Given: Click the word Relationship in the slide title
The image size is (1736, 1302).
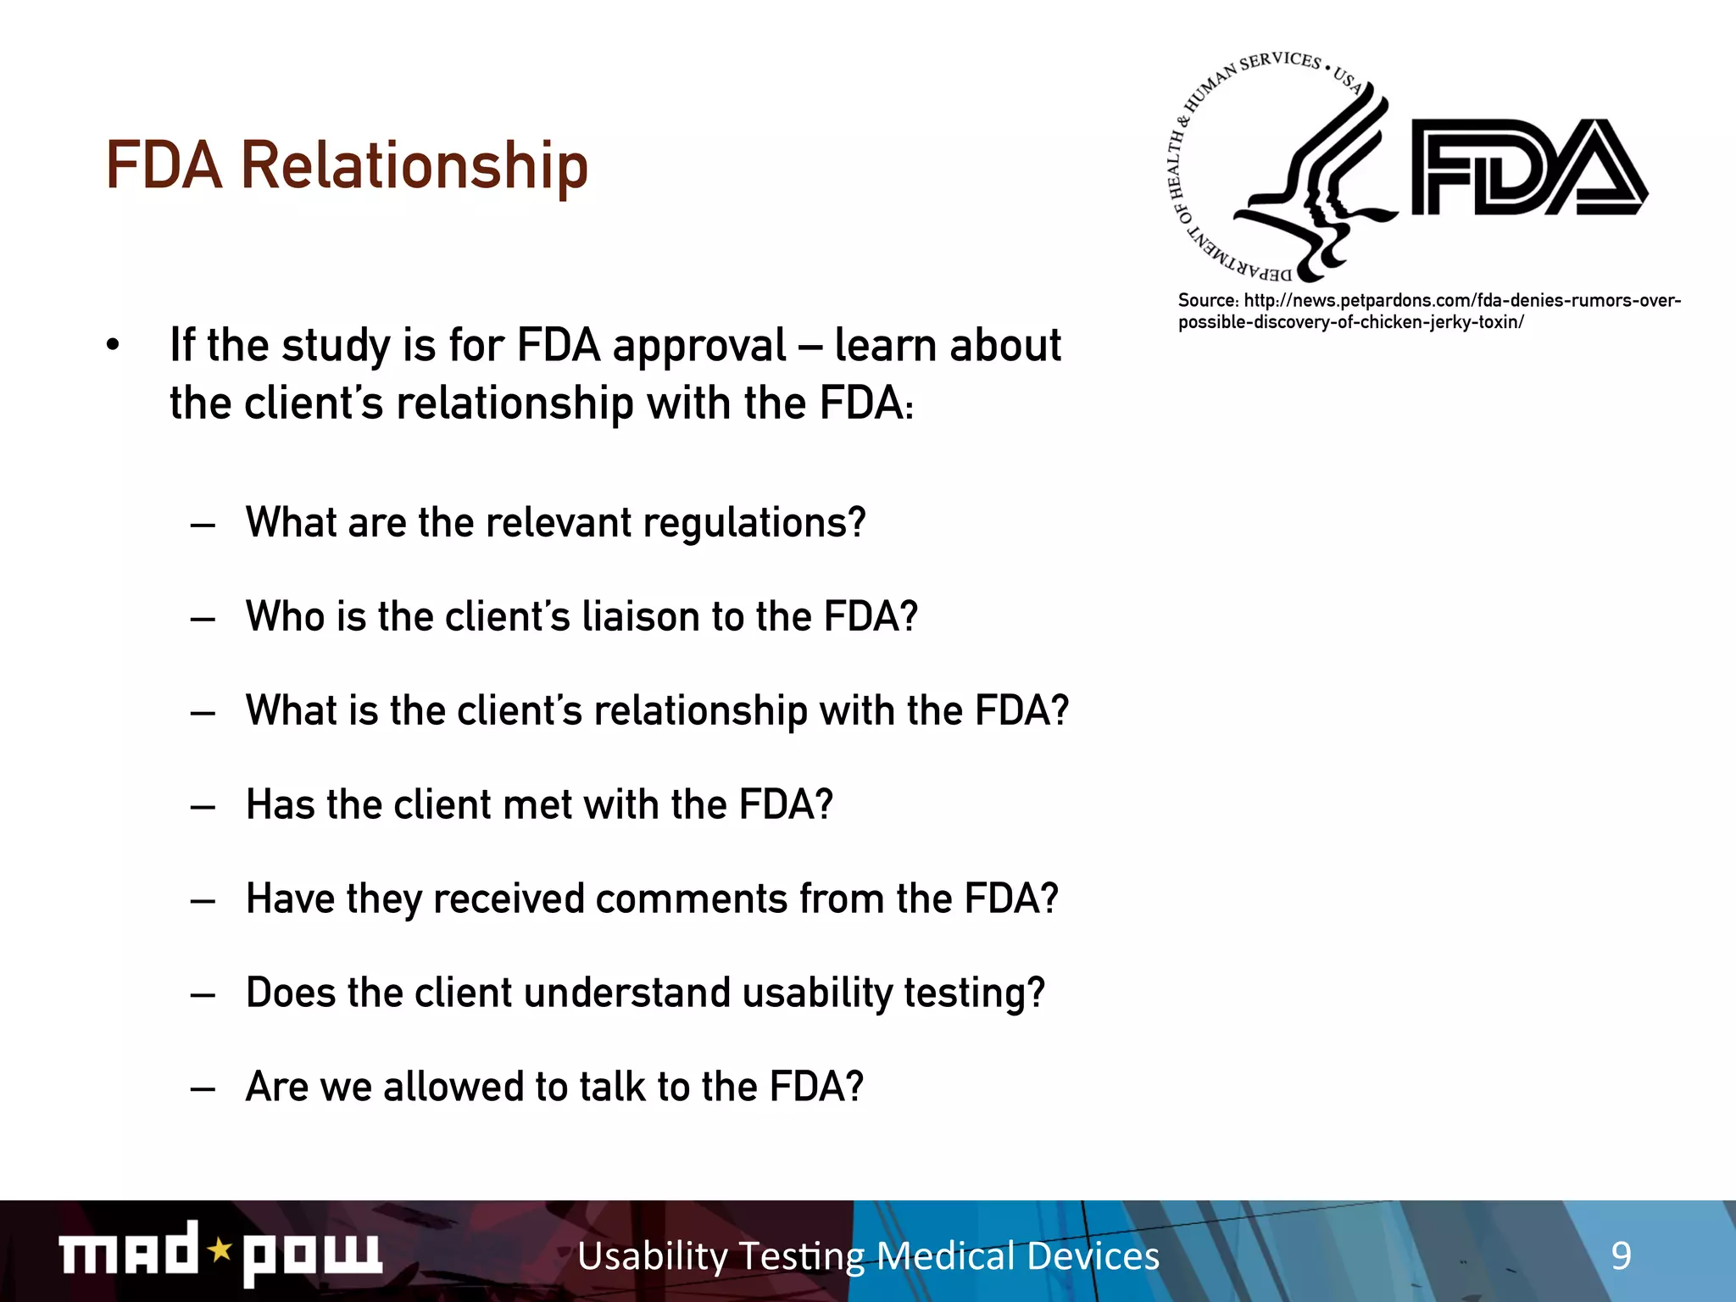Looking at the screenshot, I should click(415, 165).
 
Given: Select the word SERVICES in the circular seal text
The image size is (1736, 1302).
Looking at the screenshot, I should click(1280, 62).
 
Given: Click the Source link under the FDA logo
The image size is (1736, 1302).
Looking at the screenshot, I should click(1428, 311).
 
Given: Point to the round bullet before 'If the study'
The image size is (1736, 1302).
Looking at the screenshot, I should click(113, 346).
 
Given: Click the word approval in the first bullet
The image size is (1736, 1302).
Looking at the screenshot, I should click(699, 346).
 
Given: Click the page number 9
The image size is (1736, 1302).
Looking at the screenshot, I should click(1621, 1255).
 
